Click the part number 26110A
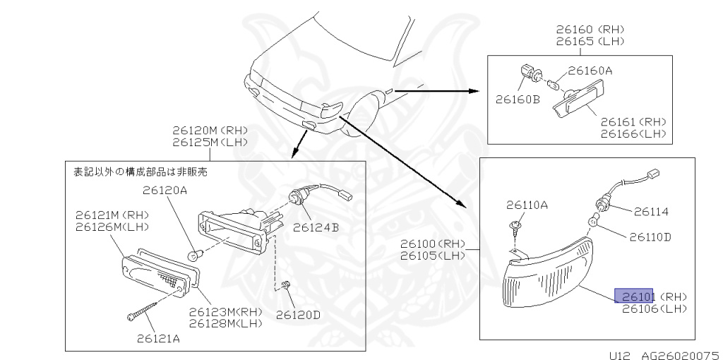pyautogui.click(x=526, y=205)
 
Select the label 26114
pyautogui.click(x=651, y=211)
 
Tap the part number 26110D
pyautogui.click(x=650, y=236)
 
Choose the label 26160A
pyautogui.click(x=590, y=71)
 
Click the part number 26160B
pyautogui.click(x=517, y=99)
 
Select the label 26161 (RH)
pyautogui.click(x=633, y=121)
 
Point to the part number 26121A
pyautogui.click(x=158, y=338)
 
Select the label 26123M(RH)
pyautogui.click(x=225, y=311)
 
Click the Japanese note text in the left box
pyautogui.click(x=140, y=171)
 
